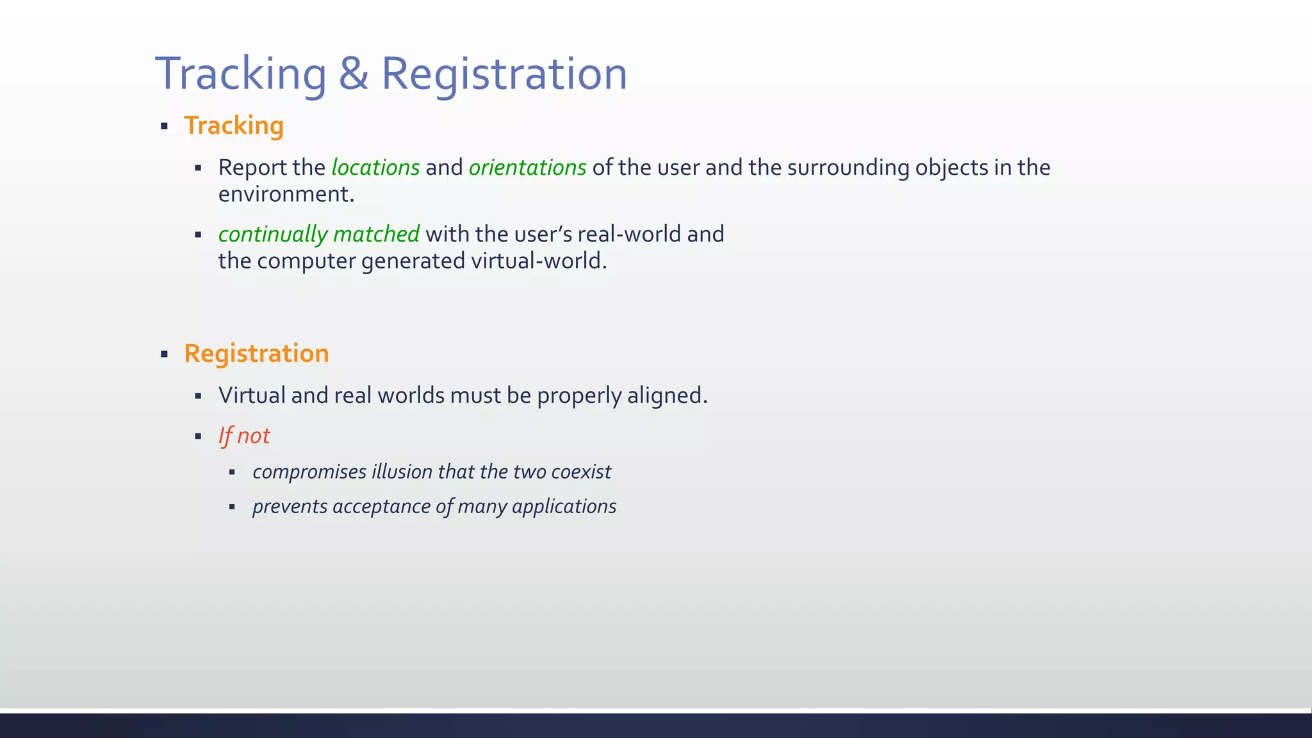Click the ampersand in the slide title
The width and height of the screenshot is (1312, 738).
tap(353, 74)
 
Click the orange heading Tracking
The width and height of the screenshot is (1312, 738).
tap(234, 126)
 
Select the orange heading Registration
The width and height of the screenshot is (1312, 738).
tap(256, 354)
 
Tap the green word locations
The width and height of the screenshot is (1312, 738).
tap(375, 168)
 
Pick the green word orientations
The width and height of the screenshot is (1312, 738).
tap(527, 168)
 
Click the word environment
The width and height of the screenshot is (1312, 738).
tap(286, 194)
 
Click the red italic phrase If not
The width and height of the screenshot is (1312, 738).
tap(244, 436)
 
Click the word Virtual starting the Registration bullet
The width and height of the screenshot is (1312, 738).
tap(252, 396)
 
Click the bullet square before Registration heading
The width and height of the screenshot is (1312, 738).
tap(165, 354)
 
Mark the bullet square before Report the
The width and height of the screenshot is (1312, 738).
tap(199, 168)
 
